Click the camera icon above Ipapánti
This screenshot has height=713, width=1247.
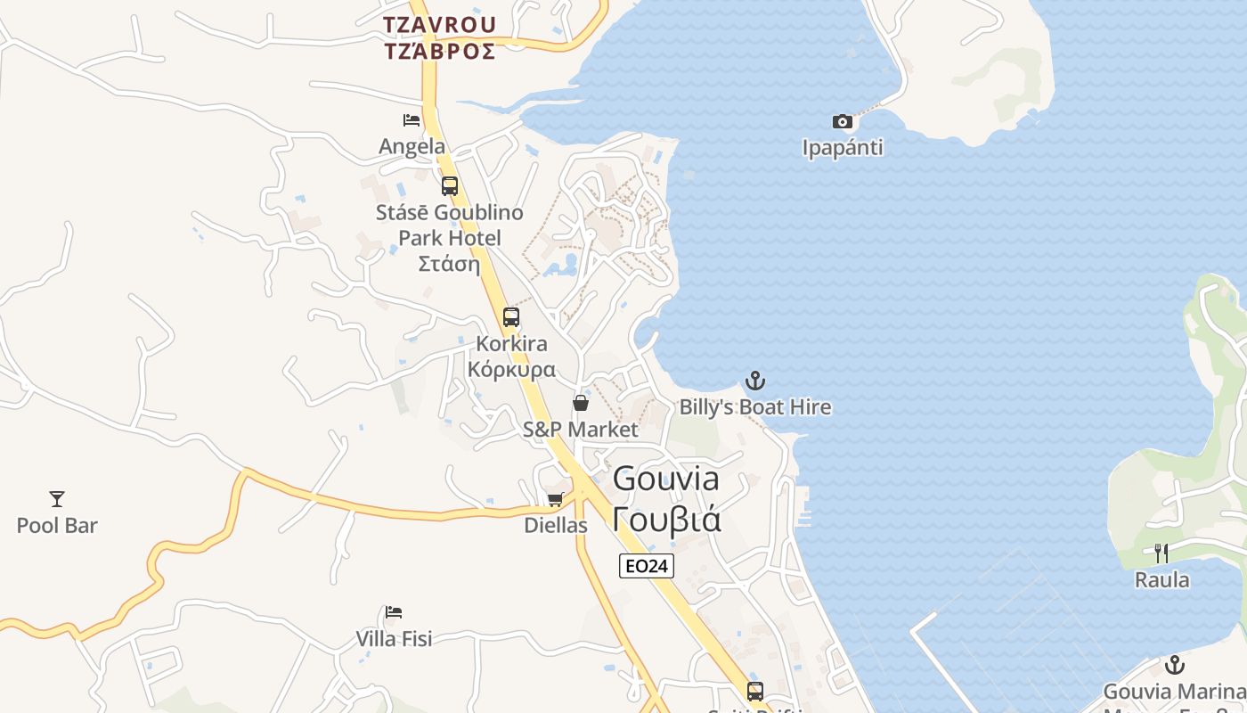pyautogui.click(x=842, y=122)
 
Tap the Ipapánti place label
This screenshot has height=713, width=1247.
pyautogui.click(x=842, y=148)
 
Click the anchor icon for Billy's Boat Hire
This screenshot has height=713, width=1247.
pyautogui.click(x=754, y=381)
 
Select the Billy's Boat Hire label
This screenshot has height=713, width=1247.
pyautogui.click(x=754, y=407)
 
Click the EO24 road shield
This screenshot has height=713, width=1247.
pyautogui.click(x=647, y=566)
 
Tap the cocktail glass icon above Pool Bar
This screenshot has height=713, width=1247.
pyautogui.click(x=57, y=499)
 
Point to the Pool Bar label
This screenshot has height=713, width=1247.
pyautogui.click(x=57, y=526)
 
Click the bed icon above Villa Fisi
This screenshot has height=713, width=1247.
pyautogui.click(x=394, y=612)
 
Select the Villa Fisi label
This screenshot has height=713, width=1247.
pyautogui.click(x=394, y=639)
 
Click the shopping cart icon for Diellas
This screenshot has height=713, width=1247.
pyautogui.click(x=555, y=500)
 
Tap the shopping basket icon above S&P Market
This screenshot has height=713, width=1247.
pyautogui.click(x=581, y=403)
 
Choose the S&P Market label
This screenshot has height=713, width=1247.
pyautogui.click(x=581, y=430)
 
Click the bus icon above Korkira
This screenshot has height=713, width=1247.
pyautogui.click(x=511, y=317)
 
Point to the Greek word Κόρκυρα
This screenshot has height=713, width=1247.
pyautogui.click(x=511, y=369)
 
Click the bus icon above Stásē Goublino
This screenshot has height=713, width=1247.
pyautogui.click(x=450, y=186)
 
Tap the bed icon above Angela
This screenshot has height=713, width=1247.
pyautogui.click(x=412, y=120)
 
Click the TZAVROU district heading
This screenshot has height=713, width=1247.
pyautogui.click(x=440, y=24)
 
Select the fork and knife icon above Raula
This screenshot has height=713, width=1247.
pyautogui.click(x=1161, y=553)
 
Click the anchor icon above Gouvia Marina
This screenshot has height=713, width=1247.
pyautogui.click(x=1175, y=666)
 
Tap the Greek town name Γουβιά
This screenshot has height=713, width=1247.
pyautogui.click(x=666, y=519)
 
